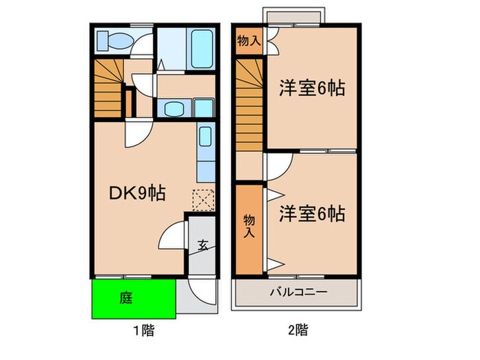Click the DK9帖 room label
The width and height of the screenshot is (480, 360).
[137, 194]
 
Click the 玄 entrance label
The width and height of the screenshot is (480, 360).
[204, 244]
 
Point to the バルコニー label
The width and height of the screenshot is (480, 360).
[298, 292]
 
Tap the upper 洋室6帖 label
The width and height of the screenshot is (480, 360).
[311, 89]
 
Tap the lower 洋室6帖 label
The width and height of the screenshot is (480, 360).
[311, 214]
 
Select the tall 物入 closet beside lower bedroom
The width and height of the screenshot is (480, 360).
[249, 226]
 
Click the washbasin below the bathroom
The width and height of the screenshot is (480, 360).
[171, 108]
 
